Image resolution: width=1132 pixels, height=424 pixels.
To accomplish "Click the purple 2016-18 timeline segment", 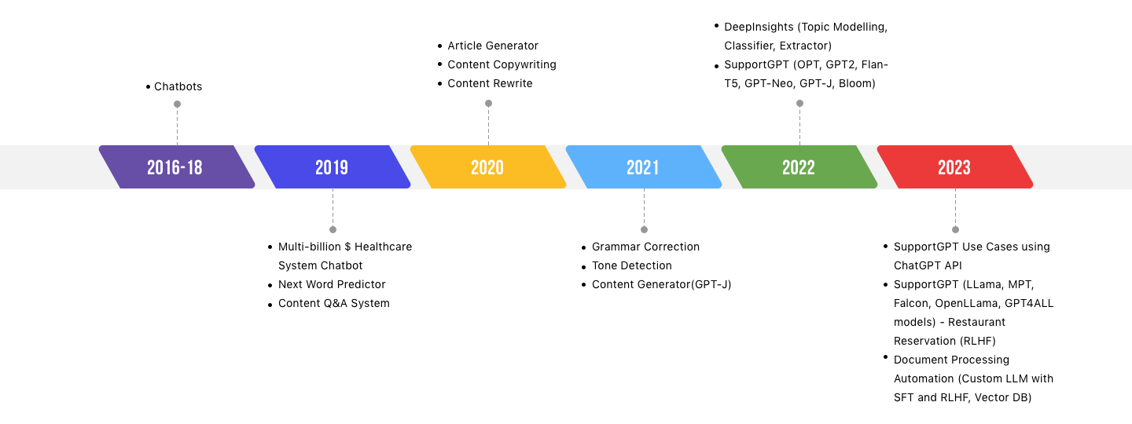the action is point(177,167).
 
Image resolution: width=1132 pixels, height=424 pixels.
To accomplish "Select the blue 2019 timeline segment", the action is point(333,167).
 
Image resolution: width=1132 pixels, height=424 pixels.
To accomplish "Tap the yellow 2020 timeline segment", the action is point(488,167).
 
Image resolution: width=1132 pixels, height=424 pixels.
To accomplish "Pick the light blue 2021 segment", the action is point(644,167).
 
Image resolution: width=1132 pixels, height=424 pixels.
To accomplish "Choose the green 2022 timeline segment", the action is point(799,167).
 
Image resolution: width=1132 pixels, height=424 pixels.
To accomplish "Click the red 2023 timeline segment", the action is point(955,167).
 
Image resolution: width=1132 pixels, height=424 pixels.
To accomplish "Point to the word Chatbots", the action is point(178,86).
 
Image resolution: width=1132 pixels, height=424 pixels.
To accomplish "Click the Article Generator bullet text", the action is point(493,46).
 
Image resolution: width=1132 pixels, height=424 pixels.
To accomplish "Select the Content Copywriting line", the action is point(502,64).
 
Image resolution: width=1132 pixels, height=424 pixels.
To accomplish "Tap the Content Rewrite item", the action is point(491,83).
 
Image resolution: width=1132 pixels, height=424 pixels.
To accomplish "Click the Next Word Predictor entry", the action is point(332,284).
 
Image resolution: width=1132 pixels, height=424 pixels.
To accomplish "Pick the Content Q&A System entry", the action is point(334,303).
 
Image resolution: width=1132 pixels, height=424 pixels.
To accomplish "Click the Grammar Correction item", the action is point(646,247).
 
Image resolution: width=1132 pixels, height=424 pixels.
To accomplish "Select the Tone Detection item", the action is point(632,265).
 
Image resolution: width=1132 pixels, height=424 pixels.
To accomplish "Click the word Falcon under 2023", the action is point(911,303).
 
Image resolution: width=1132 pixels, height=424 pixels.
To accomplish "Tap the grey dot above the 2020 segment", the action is point(488,104).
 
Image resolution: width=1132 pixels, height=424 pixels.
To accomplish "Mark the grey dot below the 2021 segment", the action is point(644,229).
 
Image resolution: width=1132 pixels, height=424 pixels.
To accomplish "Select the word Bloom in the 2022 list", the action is point(857,83).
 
